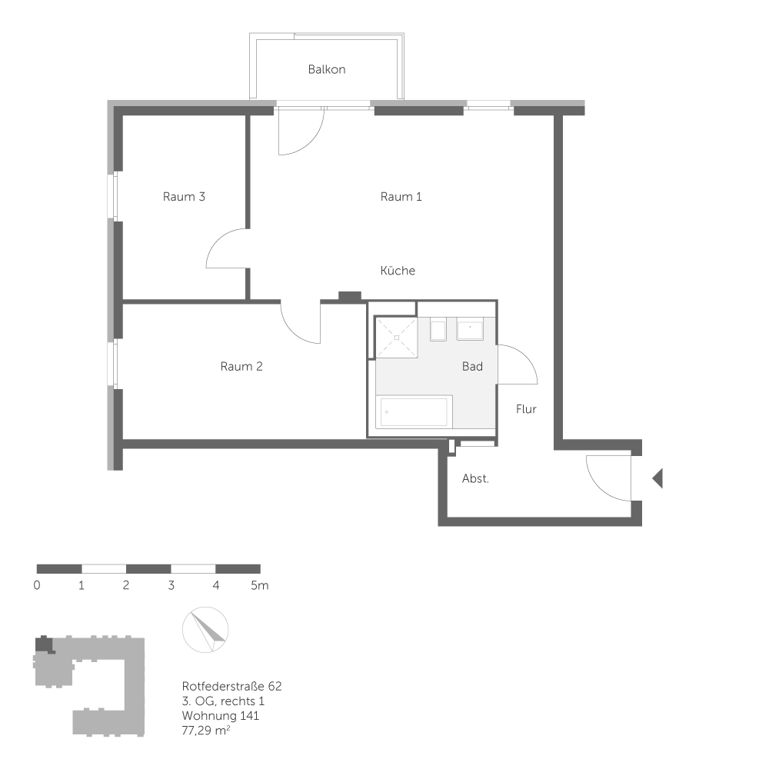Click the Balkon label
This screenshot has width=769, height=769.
click(x=327, y=69)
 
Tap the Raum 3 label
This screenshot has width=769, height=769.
click(x=184, y=196)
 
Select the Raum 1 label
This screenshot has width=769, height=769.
click(x=401, y=196)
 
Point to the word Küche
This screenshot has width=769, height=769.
click(x=398, y=271)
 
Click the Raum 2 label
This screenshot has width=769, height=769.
click(x=241, y=366)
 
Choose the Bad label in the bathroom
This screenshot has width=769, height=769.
click(x=472, y=366)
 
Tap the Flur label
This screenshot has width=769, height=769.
click(x=526, y=409)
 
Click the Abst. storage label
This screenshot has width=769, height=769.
click(x=475, y=478)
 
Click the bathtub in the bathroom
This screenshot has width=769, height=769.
click(x=414, y=413)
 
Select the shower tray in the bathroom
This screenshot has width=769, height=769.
click(x=395, y=337)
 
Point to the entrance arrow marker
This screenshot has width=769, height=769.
click(x=657, y=478)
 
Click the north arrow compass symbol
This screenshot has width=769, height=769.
click(x=205, y=630)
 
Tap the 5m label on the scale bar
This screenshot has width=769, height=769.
click(x=259, y=585)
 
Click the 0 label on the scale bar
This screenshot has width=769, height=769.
click(x=37, y=585)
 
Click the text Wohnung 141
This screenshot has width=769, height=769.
click(x=221, y=715)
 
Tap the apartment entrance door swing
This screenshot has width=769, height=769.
click(x=608, y=477)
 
